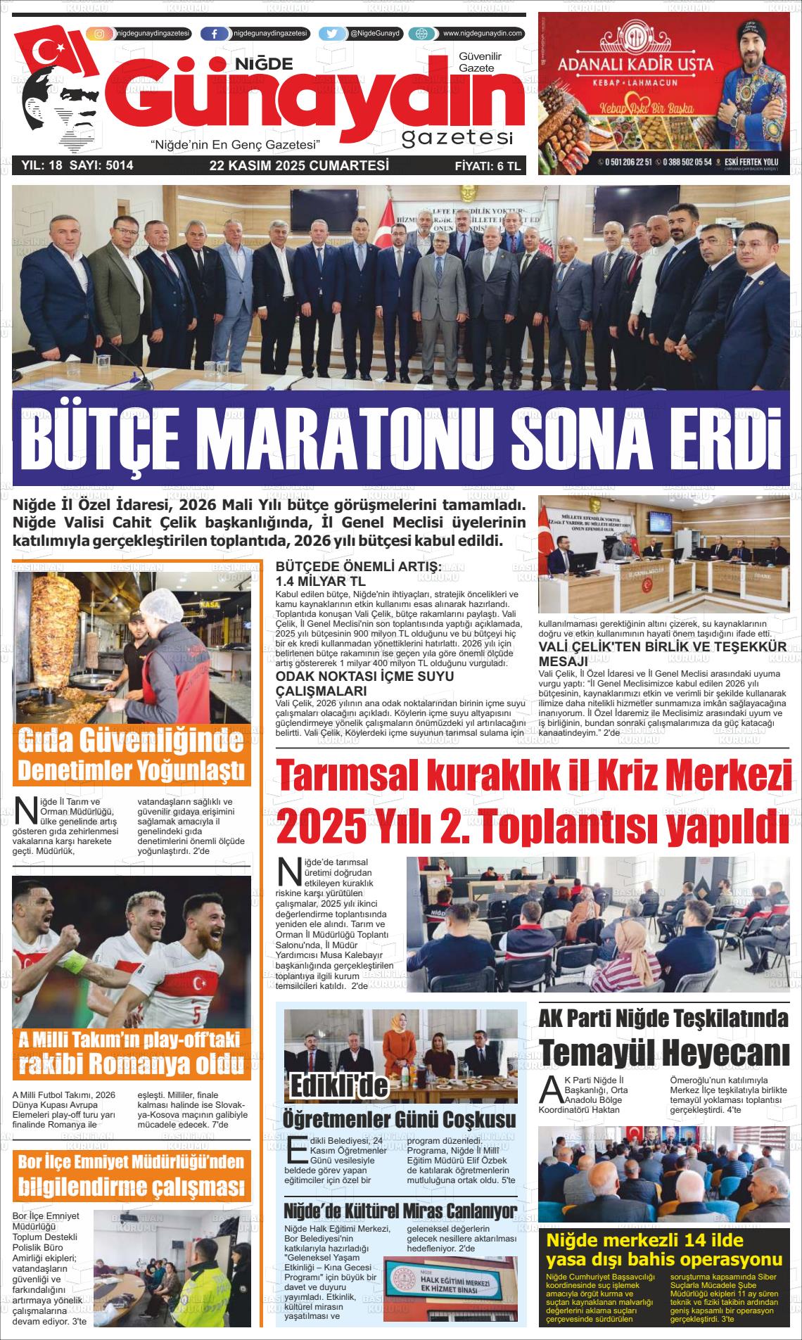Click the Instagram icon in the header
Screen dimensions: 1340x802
[100, 34]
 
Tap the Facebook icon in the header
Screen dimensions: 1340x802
[214, 34]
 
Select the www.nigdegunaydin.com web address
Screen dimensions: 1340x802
[482, 34]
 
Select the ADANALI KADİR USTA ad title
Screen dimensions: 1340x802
[635, 65]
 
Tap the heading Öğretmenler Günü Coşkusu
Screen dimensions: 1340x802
[399, 1119]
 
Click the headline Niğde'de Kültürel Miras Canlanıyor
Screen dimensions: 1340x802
[400, 1211]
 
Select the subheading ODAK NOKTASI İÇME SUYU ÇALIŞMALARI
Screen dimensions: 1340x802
[364, 682]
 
